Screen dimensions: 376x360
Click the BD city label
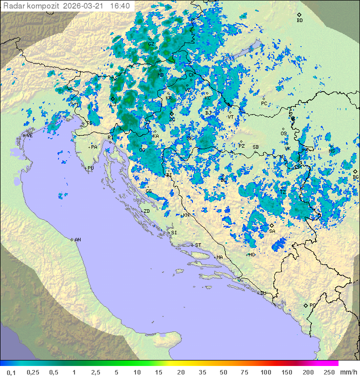coord(299,21)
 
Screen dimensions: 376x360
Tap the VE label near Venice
coord(30,136)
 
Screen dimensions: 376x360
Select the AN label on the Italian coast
coord(77,240)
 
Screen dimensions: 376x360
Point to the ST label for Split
coord(198,245)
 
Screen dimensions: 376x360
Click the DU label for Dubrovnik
coord(262,293)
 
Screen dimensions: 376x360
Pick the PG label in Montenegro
coord(312,305)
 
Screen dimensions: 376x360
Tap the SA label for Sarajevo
coord(272,231)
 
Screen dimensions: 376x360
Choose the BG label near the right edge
coord(355,177)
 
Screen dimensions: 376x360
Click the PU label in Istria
coord(90,168)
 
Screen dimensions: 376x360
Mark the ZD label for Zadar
coord(146,211)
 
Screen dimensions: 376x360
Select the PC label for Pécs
coord(264,104)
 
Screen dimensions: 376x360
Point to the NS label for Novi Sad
coord(331,151)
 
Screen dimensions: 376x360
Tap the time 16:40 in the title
coord(119,6)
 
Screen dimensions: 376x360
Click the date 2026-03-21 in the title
coord(85,6)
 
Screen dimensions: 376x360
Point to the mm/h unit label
coord(347,372)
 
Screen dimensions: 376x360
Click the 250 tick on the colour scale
coord(329,372)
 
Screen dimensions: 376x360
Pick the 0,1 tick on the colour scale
coord(11,372)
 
